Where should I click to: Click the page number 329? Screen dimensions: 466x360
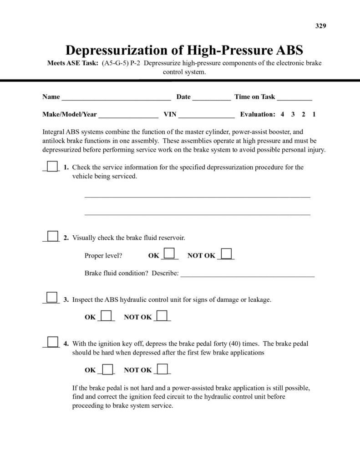tap(321, 25)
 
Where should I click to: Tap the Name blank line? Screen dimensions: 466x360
tap(116, 98)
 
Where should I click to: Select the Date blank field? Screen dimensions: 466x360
tap(212, 98)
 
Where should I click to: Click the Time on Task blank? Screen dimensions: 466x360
tap(294, 98)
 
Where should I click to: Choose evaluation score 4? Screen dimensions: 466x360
tap(283, 115)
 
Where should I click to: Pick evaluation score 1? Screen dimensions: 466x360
tap(314, 115)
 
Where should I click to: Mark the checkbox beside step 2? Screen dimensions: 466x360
tap(53, 236)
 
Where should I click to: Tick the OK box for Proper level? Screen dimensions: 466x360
tap(169, 253)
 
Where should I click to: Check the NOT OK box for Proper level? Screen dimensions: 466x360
tap(226, 253)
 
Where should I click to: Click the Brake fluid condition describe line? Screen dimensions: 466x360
tap(248, 275)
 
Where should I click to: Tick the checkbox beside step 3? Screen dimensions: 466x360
tap(52, 297)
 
